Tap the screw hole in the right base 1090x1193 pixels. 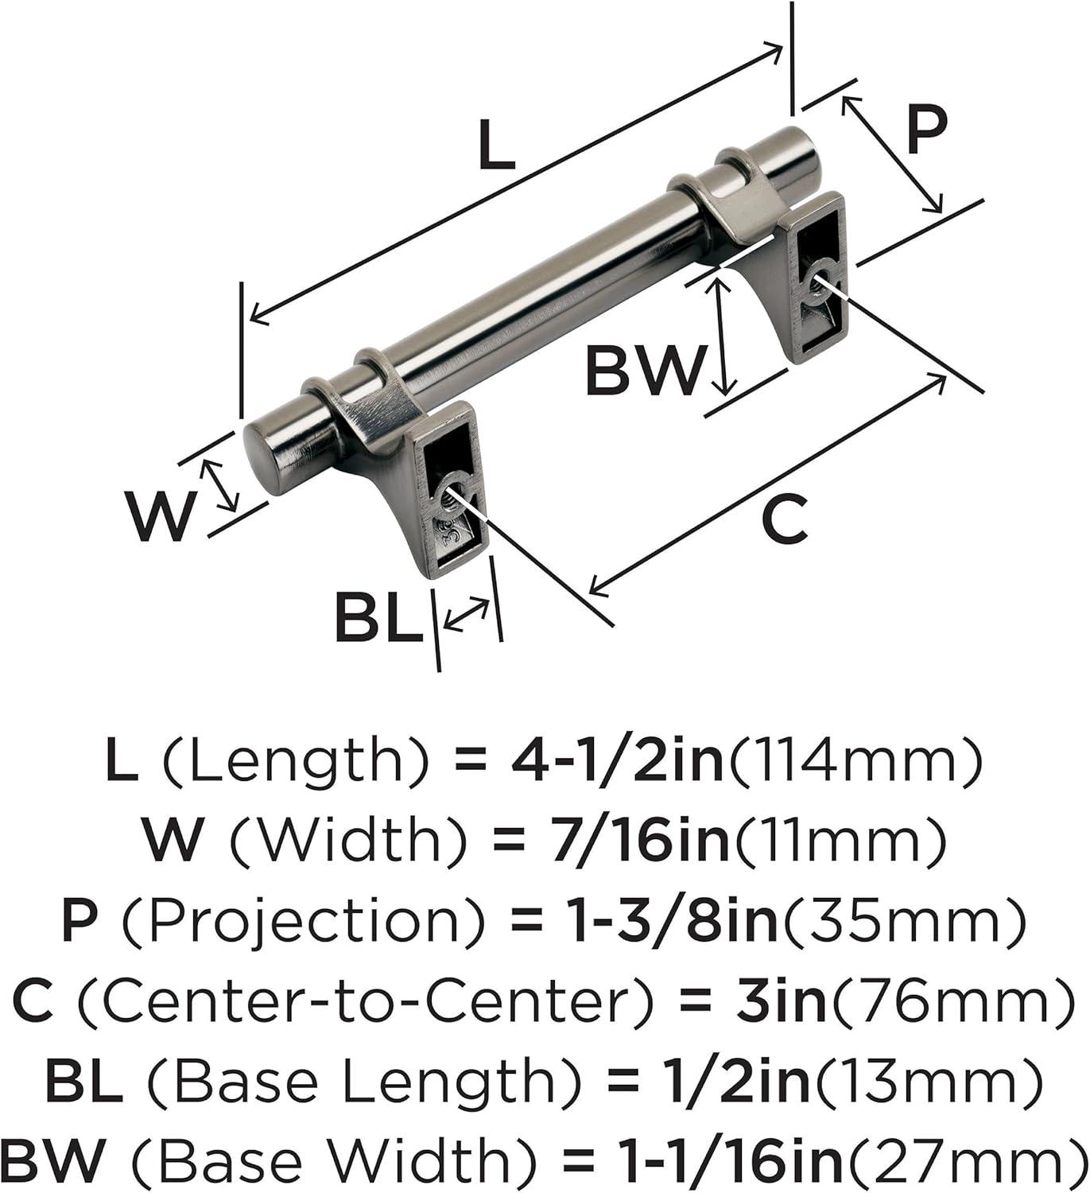(822, 277)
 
